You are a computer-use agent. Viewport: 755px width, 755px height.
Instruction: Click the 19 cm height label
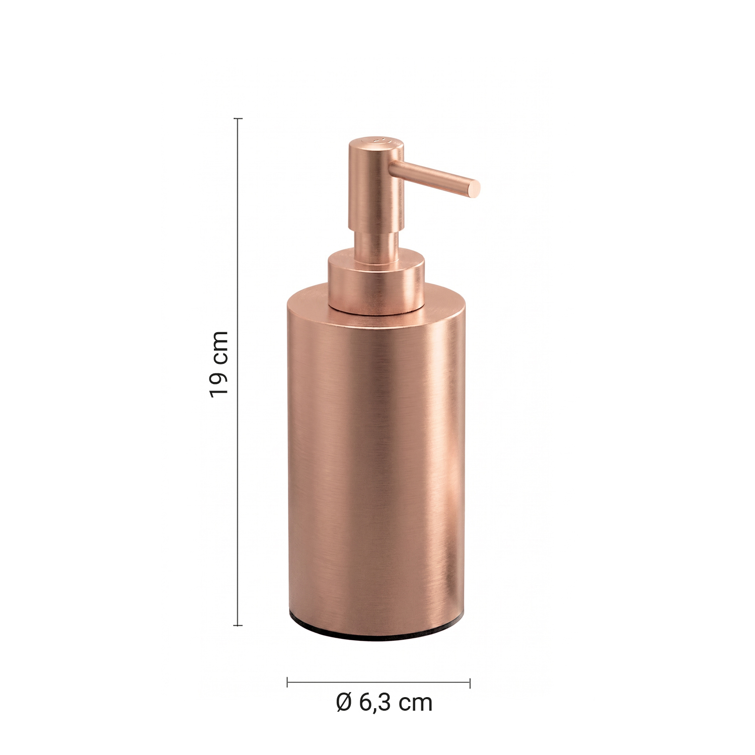[219, 364]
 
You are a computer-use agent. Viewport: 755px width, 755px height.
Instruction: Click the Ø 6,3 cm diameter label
[384, 703]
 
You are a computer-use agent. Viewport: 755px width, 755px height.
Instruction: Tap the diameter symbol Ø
[344, 703]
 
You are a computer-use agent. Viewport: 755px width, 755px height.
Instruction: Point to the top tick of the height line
[238, 119]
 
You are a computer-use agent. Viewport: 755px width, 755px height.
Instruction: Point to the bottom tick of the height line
[238, 625]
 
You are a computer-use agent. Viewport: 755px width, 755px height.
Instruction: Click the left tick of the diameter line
[287, 683]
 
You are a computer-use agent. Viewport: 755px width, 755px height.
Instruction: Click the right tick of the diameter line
[470, 683]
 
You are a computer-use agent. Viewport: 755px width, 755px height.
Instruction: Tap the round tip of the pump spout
[474, 188]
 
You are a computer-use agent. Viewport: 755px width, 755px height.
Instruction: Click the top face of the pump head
[376, 143]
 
